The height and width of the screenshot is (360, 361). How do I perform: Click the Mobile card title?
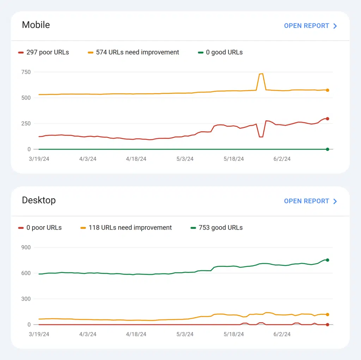pyautogui.click(x=36, y=25)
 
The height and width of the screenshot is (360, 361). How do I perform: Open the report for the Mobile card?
pyautogui.click(x=310, y=26)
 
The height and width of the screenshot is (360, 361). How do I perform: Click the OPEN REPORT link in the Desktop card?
pyautogui.click(x=310, y=201)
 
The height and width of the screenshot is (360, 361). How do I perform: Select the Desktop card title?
pyautogui.click(x=39, y=200)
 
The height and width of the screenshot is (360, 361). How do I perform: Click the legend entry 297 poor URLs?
pyautogui.click(x=44, y=52)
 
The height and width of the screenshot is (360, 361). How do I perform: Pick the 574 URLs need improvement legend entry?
pyautogui.click(x=134, y=52)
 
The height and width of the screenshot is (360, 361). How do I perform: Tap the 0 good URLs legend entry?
pyautogui.click(x=220, y=52)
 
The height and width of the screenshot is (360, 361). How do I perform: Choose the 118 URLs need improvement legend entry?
pyautogui.click(x=126, y=228)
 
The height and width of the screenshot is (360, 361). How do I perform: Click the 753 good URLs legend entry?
pyautogui.click(x=217, y=228)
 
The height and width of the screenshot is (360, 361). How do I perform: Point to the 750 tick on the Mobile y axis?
pyautogui.click(x=26, y=72)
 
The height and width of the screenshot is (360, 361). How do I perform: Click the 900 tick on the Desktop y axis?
pyautogui.click(x=26, y=247)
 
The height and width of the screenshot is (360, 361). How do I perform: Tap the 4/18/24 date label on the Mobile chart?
pyautogui.click(x=136, y=159)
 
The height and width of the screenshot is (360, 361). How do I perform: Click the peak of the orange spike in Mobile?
pyautogui.click(x=261, y=74)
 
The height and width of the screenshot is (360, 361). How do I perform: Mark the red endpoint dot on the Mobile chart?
pyautogui.click(x=328, y=119)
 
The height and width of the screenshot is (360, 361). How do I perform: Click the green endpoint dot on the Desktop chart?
pyautogui.click(x=328, y=260)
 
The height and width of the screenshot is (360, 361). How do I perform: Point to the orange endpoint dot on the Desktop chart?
pyautogui.click(x=328, y=314)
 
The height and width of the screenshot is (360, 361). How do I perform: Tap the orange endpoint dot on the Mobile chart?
pyautogui.click(x=328, y=90)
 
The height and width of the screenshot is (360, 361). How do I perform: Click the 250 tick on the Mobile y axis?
pyautogui.click(x=26, y=124)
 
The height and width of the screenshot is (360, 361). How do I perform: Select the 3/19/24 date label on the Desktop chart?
pyautogui.click(x=39, y=334)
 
